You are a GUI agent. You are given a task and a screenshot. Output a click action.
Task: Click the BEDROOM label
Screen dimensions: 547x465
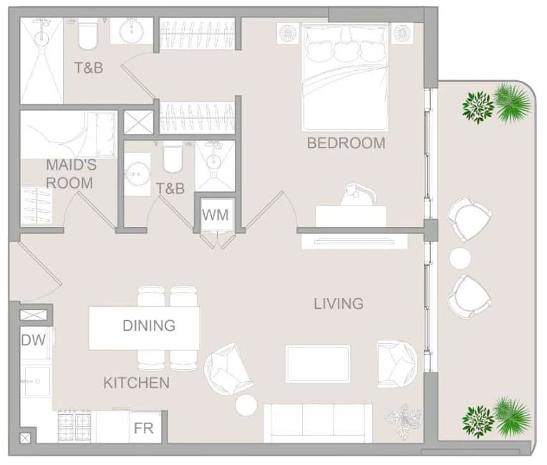tap(346, 143)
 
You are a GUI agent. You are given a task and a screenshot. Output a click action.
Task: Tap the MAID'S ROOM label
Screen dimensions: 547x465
tap(71, 174)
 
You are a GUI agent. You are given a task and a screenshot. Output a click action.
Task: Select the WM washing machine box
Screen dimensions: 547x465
tap(216, 215)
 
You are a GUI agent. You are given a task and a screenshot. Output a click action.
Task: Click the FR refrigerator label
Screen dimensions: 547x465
tap(144, 428)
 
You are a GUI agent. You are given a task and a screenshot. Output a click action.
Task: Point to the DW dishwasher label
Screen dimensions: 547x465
tap(34, 340)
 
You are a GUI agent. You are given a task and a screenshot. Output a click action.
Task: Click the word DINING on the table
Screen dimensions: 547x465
tap(149, 326)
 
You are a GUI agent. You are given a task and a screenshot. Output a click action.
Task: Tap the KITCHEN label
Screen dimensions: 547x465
tap(137, 383)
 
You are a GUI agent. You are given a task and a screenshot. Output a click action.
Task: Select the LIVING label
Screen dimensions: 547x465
tap(339, 304)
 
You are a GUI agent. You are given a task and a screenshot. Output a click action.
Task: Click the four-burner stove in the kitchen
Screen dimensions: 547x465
tap(74, 426)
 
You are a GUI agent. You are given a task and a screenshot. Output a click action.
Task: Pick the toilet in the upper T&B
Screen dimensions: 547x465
tap(87, 34)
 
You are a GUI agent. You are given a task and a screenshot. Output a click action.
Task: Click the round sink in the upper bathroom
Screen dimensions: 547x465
tap(132, 32)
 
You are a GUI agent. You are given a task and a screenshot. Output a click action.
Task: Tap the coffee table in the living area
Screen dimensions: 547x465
tap(318, 364)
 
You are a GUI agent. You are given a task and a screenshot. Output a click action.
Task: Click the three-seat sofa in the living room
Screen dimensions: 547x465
tap(318, 423)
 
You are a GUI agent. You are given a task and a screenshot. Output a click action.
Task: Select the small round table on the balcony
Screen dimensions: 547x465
tap(460, 258)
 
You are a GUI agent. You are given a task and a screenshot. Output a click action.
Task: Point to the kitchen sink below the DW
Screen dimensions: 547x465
tap(36, 381)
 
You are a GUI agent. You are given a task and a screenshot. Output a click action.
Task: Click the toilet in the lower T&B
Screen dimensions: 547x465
tap(173, 157)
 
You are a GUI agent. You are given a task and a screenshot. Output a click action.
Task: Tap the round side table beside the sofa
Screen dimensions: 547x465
tap(246, 405)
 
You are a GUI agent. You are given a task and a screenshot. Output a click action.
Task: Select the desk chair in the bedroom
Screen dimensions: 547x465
tap(358, 195)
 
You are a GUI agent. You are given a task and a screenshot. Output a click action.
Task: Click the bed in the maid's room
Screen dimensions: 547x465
tap(68, 135)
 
